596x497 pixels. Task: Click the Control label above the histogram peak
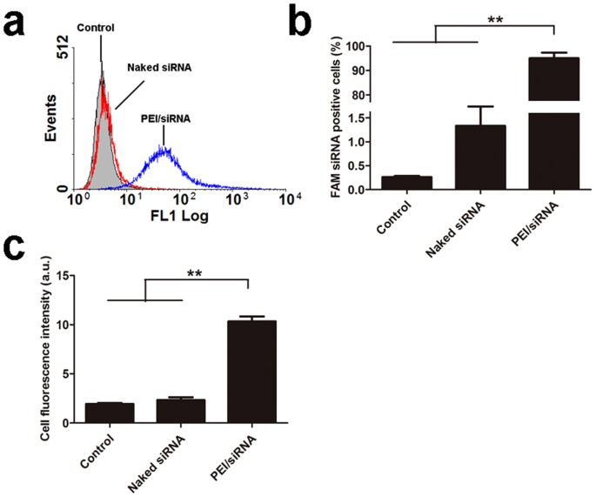tap(96, 27)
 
